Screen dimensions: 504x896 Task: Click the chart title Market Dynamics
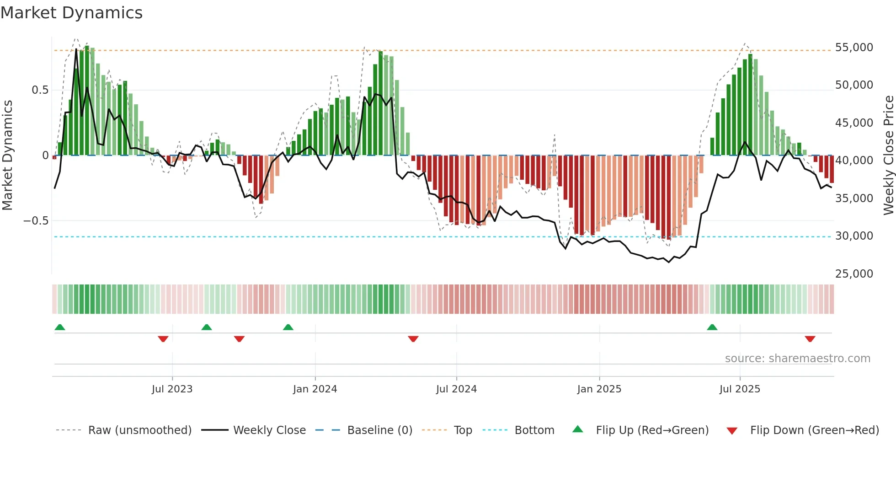(x=72, y=13)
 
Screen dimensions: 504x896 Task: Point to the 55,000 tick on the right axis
(x=853, y=48)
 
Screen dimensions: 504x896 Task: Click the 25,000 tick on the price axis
(x=853, y=274)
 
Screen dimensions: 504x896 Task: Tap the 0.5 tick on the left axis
(x=40, y=90)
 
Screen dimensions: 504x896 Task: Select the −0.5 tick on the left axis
(x=36, y=221)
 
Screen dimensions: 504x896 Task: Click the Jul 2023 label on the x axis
(x=172, y=389)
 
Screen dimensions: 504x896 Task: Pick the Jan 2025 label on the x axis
(x=599, y=389)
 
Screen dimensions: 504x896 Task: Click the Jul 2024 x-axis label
(x=456, y=389)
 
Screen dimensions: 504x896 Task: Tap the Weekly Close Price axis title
(x=888, y=155)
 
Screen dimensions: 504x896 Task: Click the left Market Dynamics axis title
(x=7, y=155)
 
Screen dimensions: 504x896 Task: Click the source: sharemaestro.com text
(x=797, y=359)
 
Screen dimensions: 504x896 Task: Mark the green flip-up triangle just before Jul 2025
(x=712, y=327)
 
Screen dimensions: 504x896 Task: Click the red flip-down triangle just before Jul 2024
(x=413, y=339)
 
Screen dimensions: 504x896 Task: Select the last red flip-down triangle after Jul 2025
(x=810, y=339)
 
